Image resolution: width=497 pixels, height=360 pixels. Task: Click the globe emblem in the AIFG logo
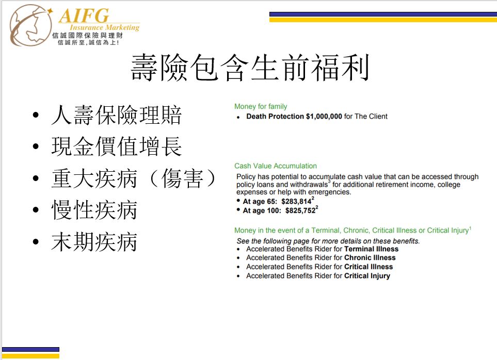click(x=31, y=25)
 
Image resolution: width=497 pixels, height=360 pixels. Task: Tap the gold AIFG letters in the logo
click(x=84, y=15)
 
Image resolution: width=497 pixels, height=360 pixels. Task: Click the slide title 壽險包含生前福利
click(x=250, y=68)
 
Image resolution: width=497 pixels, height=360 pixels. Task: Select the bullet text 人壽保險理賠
click(x=116, y=115)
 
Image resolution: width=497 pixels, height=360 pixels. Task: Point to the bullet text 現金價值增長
click(x=116, y=146)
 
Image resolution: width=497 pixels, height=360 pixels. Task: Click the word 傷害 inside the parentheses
click(x=182, y=178)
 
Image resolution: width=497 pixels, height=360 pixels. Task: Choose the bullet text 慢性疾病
click(x=94, y=210)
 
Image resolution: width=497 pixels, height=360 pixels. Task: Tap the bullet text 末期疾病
click(x=94, y=241)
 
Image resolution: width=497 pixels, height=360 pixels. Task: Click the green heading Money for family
click(x=261, y=106)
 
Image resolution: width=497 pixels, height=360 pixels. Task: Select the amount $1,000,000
click(x=324, y=117)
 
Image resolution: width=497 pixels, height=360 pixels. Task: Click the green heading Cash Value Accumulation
click(x=276, y=166)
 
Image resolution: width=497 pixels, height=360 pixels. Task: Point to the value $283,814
click(x=296, y=201)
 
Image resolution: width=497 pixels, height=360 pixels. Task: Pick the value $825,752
click(x=300, y=210)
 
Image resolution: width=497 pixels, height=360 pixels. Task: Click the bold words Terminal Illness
click(x=371, y=249)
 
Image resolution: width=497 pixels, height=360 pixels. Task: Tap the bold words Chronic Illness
click(x=370, y=258)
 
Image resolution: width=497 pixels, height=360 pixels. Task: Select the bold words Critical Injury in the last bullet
click(x=367, y=276)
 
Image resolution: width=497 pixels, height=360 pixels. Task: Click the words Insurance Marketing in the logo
click(x=105, y=27)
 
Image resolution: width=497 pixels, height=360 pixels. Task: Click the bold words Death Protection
click(x=275, y=117)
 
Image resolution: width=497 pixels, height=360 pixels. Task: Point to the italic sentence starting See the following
click(x=328, y=241)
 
